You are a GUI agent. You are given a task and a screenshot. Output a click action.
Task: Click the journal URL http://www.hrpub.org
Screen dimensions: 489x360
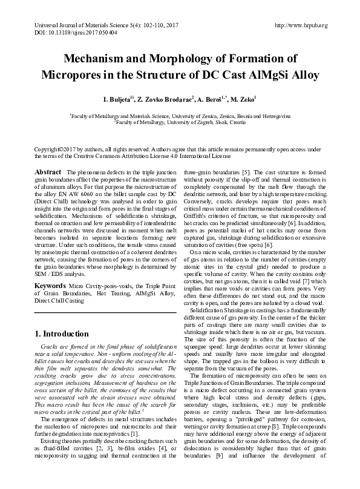tap(301, 25)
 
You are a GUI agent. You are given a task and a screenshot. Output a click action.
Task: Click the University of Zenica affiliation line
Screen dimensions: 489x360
tap(180, 114)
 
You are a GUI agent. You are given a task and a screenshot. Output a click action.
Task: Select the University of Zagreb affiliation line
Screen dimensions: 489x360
tap(180, 121)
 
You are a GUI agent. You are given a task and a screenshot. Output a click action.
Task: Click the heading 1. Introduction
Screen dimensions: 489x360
tap(62, 333)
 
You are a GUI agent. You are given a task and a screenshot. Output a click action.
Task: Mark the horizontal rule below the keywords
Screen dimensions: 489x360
tap(105, 311)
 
